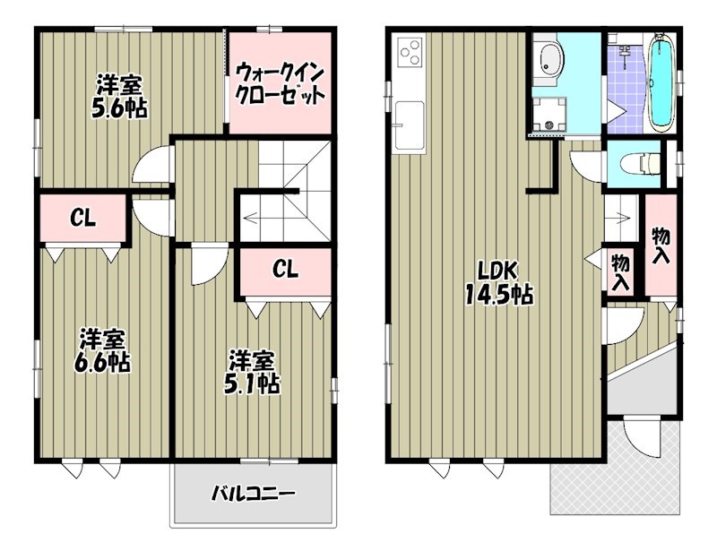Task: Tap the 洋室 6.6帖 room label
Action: point(101,350)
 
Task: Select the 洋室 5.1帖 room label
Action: point(252,372)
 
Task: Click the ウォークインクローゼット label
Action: point(278,83)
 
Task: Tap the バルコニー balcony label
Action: point(254,494)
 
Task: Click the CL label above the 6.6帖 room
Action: point(84,218)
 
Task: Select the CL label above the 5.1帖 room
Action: point(286,268)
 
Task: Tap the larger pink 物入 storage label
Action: point(661,245)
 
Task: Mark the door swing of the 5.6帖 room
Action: point(150,167)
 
